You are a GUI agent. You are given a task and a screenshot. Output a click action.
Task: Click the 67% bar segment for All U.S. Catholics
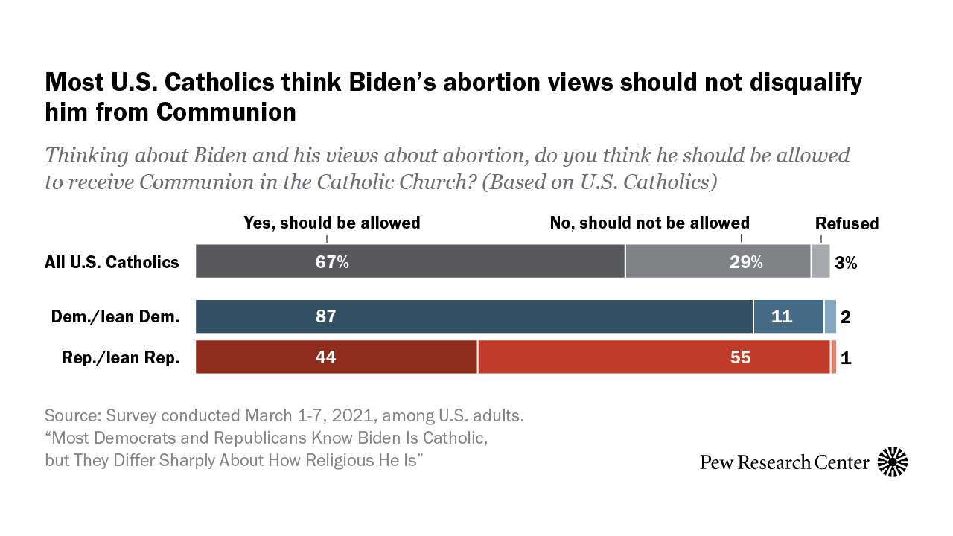409,261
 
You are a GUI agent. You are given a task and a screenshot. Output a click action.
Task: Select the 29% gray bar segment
718,261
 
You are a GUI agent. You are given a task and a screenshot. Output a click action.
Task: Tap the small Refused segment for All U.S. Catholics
820,261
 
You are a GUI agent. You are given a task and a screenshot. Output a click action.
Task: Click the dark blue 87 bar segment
474,316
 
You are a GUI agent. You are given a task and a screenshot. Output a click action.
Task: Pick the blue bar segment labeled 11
788,316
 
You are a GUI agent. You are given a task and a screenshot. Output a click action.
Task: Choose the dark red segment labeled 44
336,357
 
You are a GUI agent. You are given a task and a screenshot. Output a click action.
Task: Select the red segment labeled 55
654,357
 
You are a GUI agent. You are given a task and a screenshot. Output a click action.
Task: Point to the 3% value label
846,262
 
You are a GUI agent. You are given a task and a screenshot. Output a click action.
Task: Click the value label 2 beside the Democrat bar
845,317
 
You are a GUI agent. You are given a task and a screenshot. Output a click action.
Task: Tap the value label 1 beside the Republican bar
845,357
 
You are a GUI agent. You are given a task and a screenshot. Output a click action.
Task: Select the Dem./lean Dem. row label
115,317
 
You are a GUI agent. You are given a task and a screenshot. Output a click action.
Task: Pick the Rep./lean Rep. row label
121,357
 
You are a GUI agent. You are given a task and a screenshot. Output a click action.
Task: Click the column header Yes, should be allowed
332,223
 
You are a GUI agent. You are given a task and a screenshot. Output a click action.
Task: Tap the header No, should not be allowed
649,223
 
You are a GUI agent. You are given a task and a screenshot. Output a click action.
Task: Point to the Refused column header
847,223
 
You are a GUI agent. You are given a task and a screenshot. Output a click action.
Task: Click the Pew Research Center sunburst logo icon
893,462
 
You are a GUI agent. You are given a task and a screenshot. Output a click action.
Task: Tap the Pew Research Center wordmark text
784,462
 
